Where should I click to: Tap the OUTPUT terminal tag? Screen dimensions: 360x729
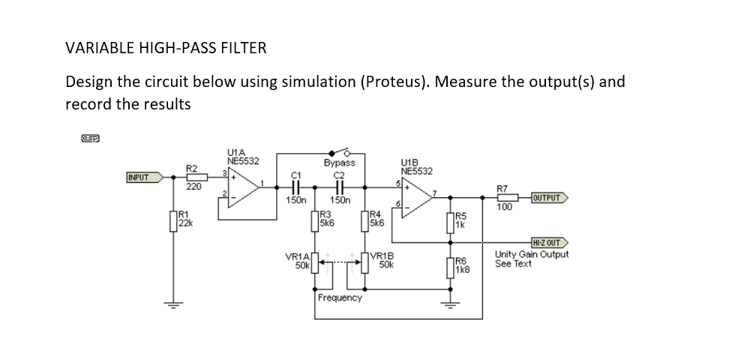point(548,198)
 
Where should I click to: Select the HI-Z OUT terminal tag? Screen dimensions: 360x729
point(548,243)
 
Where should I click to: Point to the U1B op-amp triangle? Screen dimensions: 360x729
point(417,199)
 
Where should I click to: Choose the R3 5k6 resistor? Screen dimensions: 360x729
point(315,222)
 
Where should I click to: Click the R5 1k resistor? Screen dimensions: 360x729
point(451,222)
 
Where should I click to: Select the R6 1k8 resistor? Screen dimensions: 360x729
point(451,265)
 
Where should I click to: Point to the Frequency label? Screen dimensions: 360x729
point(340,298)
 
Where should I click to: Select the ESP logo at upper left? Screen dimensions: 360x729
point(90,138)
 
